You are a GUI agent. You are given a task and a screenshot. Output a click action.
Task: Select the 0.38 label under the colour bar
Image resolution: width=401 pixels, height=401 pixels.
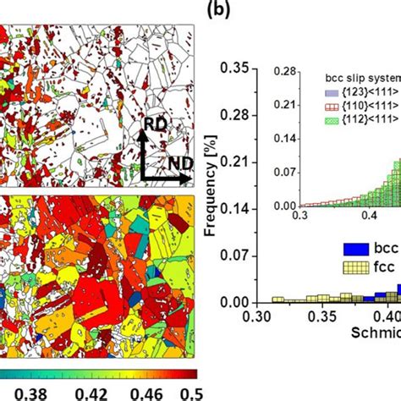coord(24,391)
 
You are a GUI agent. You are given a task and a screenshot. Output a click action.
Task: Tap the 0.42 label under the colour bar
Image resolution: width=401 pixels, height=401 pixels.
coord(85,391)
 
